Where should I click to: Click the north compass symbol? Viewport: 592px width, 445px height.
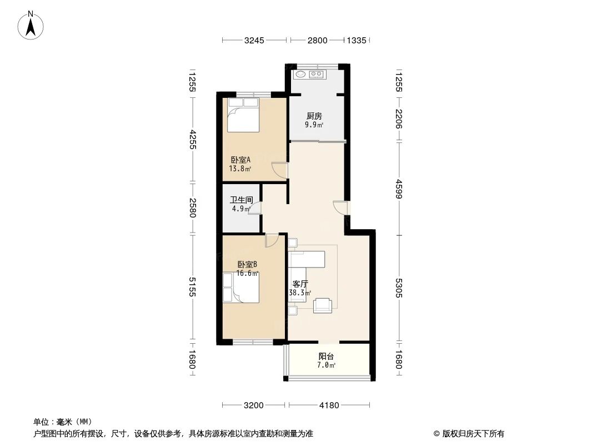pos(32,25)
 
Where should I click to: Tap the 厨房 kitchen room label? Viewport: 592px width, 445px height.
pos(314,116)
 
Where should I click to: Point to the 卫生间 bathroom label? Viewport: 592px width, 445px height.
pos(242,200)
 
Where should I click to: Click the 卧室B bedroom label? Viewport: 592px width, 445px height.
pos(247,265)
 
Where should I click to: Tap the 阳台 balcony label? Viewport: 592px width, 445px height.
pos(326,357)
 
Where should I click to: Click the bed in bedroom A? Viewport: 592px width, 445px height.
pos(243,115)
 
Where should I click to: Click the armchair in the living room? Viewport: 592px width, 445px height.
pos(323,305)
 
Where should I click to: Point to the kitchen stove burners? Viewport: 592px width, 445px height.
pos(317,74)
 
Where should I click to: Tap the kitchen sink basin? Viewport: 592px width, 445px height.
pos(300,74)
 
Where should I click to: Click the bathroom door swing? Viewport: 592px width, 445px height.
pos(256,209)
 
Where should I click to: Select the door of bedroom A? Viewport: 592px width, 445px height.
pos(279,169)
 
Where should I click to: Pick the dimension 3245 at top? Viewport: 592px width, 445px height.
pos(254,40)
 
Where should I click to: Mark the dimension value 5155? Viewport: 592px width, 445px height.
pos(192,286)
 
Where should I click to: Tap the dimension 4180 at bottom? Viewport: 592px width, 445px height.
pos(328,405)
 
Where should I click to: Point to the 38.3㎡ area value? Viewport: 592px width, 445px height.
pos(300,293)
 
